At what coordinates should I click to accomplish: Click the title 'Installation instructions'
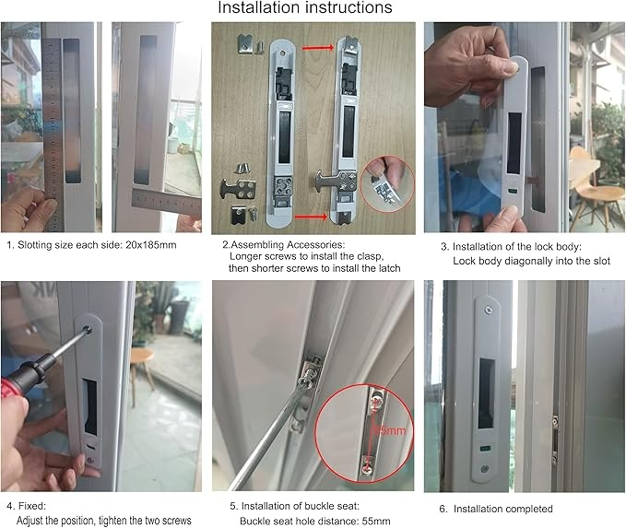304,8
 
